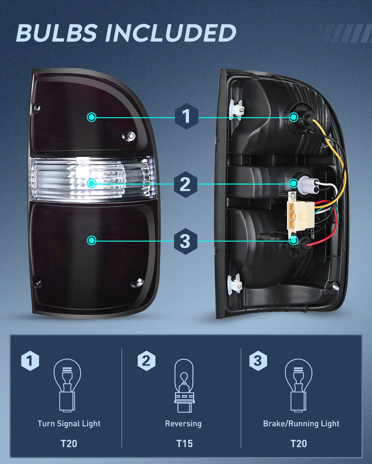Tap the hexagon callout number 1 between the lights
pyautogui.click(x=186, y=117)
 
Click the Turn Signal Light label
pyautogui.click(x=69, y=424)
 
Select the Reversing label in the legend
pyautogui.click(x=183, y=424)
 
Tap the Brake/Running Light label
pyautogui.click(x=301, y=424)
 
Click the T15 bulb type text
pyautogui.click(x=184, y=443)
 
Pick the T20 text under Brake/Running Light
pyautogui.click(x=298, y=443)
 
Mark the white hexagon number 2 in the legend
pyautogui.click(x=146, y=360)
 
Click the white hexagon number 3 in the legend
pyautogui.click(x=258, y=360)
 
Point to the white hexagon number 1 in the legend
pyautogui.click(x=30, y=360)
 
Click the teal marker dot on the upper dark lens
pyautogui.click(x=92, y=117)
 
